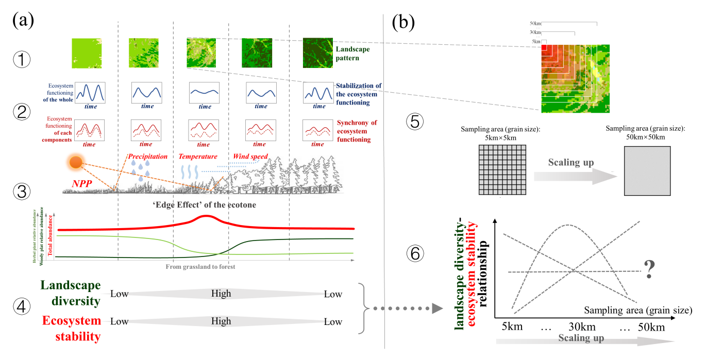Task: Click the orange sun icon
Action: [x=76, y=163]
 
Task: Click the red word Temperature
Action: [x=198, y=156]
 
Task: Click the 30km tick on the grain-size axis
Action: [x=583, y=327]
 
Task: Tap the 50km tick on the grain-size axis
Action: [x=651, y=327]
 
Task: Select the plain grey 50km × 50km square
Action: [x=647, y=171]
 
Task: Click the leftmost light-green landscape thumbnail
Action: [x=87, y=53]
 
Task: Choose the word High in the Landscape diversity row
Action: [x=221, y=294]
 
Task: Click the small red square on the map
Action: [x=544, y=47]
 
